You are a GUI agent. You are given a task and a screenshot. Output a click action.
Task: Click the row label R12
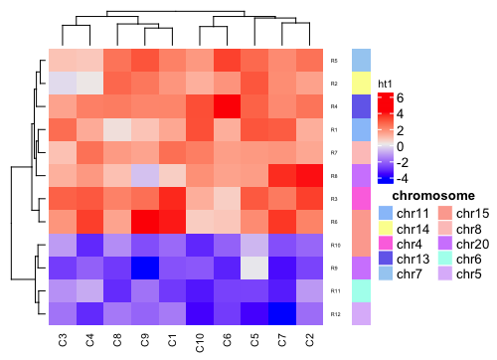point(335,313)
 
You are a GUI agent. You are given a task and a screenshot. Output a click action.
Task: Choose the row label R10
point(335,245)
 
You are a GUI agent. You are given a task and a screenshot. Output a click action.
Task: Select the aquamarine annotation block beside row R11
point(361,290)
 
